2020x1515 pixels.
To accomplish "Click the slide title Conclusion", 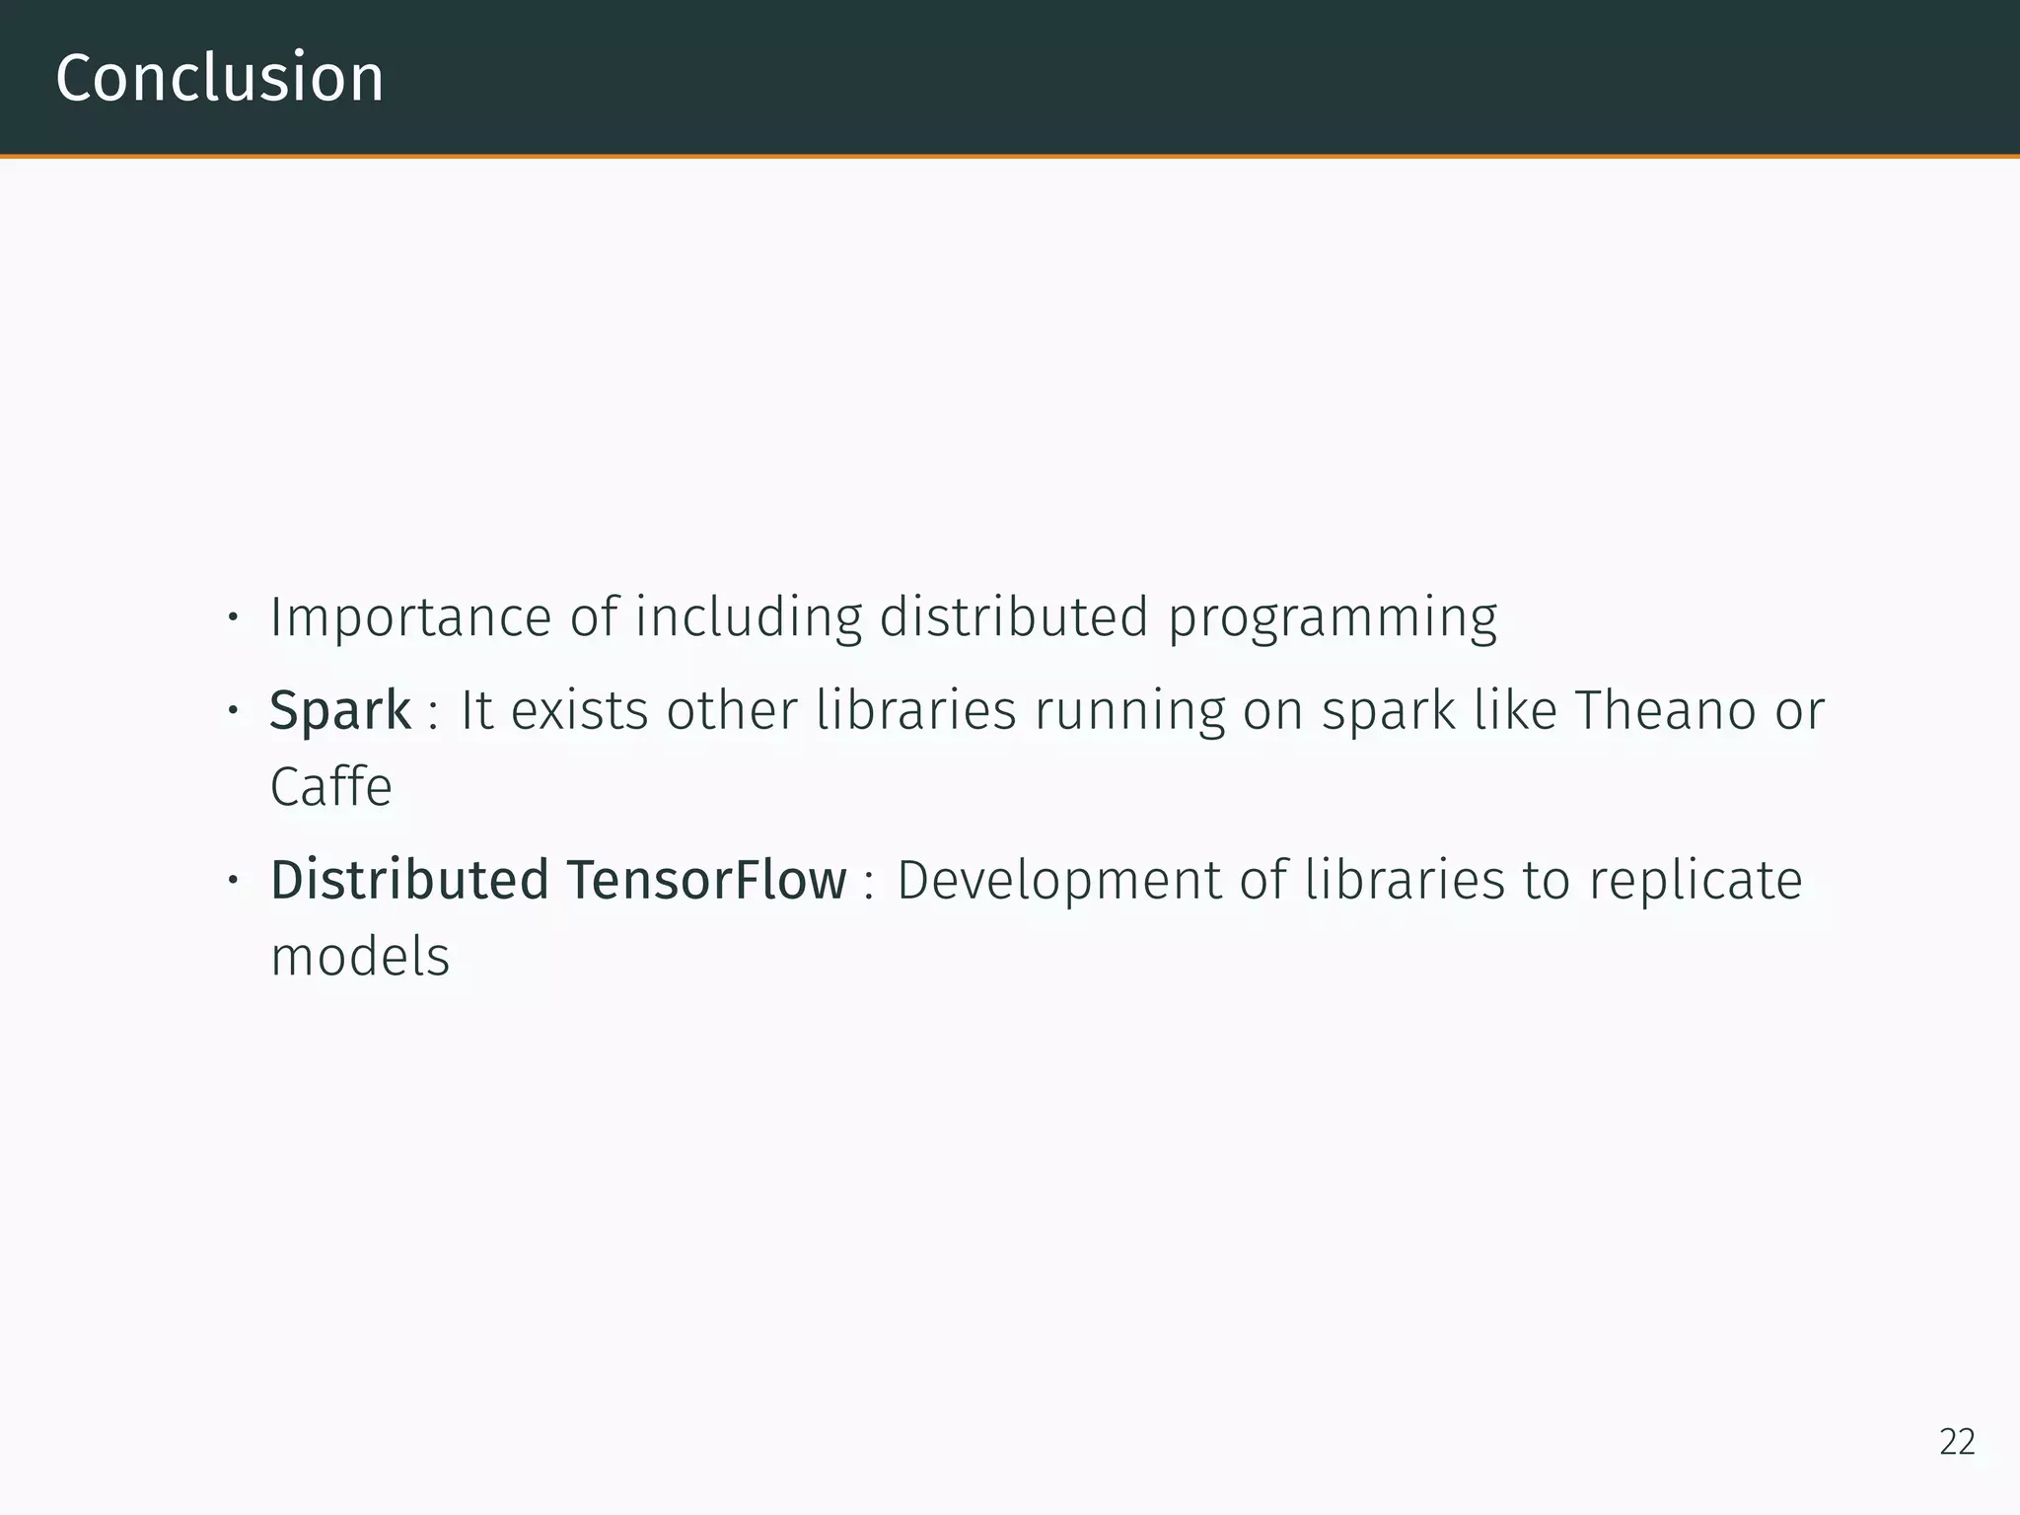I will point(219,79).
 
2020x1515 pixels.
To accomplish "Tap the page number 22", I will point(1957,1442).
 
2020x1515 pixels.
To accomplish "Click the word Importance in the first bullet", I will point(410,618).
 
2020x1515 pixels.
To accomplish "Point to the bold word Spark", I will point(340,710).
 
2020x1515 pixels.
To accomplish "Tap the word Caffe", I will point(331,787).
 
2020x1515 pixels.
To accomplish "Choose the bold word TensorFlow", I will point(706,880).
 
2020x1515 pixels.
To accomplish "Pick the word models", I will point(360,957).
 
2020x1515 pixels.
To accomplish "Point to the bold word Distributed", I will point(409,880).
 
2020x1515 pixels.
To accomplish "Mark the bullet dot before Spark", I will point(233,710).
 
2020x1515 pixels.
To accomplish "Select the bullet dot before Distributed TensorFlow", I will point(233,880).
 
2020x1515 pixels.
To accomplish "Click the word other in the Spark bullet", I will point(731,710).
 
